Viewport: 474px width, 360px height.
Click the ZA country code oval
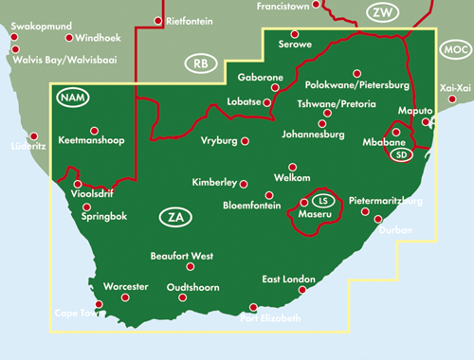173,218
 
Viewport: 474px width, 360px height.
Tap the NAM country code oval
71,98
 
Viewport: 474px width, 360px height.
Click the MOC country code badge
456,49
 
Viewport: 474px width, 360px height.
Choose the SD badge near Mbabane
403,155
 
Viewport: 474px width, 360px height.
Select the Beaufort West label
182,257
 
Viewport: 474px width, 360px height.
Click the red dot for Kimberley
244,183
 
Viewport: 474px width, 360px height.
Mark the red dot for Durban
377,219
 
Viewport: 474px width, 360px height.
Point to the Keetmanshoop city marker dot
94,131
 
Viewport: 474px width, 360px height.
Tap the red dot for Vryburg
245,141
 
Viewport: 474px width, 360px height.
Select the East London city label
288,279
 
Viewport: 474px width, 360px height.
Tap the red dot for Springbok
87,207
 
